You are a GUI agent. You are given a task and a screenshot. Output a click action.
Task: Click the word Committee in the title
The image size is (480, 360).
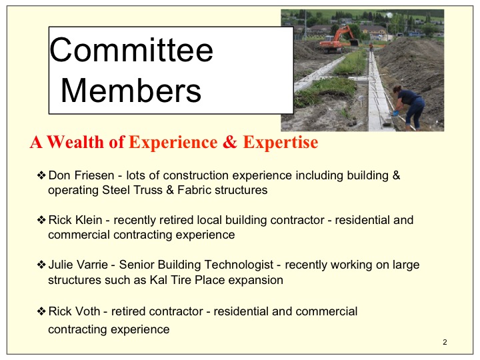[x=131, y=50]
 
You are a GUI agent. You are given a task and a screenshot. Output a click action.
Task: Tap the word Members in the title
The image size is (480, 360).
[x=131, y=90]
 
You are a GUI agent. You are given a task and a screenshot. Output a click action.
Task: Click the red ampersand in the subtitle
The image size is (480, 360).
[x=230, y=142]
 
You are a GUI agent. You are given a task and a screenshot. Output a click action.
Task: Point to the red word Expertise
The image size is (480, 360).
[x=281, y=143]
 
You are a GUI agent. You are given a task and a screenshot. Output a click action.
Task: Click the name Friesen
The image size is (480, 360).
[x=94, y=175]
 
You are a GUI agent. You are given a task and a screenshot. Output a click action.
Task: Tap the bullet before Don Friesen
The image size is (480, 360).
[x=41, y=175]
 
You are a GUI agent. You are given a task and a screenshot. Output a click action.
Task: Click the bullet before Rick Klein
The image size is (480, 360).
[x=41, y=220]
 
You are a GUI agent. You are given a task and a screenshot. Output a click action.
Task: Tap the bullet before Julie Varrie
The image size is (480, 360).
[x=41, y=265]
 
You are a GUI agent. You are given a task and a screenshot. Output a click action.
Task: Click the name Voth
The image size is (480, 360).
[x=87, y=311]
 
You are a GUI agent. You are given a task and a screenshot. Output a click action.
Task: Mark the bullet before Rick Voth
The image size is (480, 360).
[x=41, y=311]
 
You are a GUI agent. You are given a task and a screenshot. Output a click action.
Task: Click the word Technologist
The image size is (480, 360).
[x=239, y=265]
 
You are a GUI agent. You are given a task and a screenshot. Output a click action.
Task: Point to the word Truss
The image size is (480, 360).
[x=147, y=190]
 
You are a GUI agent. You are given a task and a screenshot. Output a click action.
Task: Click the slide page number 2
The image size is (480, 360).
[x=445, y=342]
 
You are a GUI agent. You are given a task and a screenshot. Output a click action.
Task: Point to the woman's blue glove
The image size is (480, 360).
[x=395, y=113]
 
